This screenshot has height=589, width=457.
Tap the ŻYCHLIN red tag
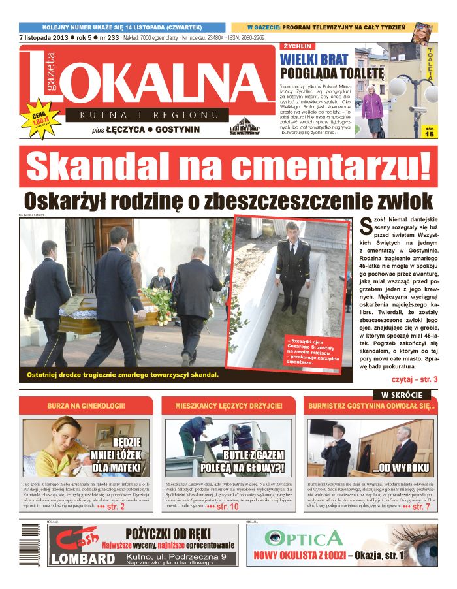pyautogui.click(x=298, y=47)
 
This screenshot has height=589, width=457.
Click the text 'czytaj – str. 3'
pyautogui.click(x=414, y=379)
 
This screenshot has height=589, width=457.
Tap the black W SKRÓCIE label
pyautogui.click(x=402, y=395)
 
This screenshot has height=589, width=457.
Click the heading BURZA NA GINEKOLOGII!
pyautogui.click(x=86, y=406)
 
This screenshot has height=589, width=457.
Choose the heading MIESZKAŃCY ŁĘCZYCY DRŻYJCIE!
pyautogui.click(x=229, y=406)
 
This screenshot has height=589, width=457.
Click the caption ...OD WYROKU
pyautogui.click(x=400, y=468)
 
